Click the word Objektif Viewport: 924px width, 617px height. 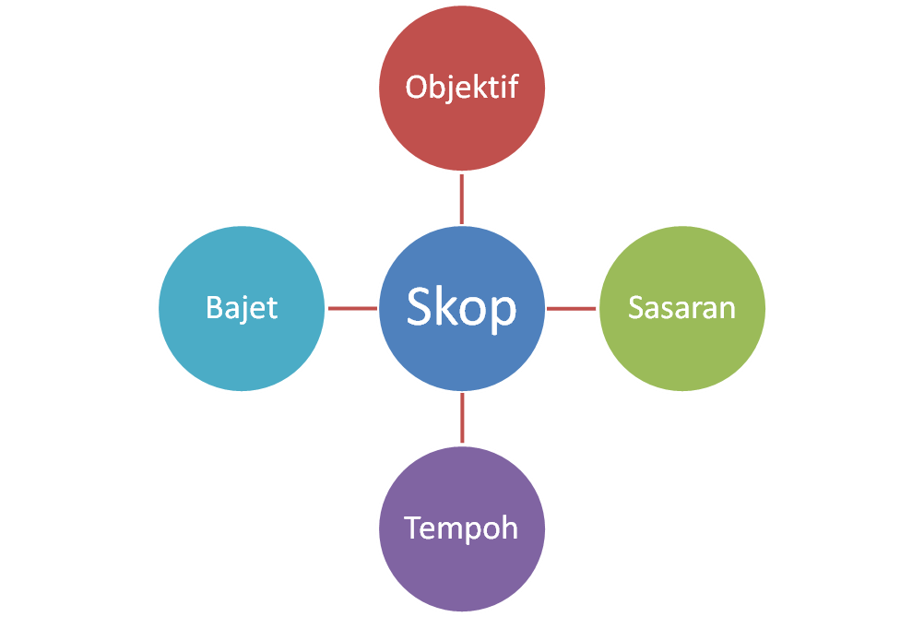pos(462,88)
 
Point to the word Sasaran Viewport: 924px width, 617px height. pos(682,307)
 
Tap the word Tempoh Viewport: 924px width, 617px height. pos(462,528)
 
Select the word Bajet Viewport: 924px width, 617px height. pos(242,307)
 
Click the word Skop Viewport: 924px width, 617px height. pos(462,307)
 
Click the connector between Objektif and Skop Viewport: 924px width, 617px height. pos(462,197)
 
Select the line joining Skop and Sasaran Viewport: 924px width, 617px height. pos(572,308)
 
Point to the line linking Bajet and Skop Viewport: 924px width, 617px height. pos(352,308)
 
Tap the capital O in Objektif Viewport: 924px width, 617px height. pos(416,88)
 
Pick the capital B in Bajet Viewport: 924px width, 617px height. pos(213,307)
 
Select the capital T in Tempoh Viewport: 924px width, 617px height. pos(412,528)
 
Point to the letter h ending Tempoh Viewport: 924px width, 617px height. pos(510,528)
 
